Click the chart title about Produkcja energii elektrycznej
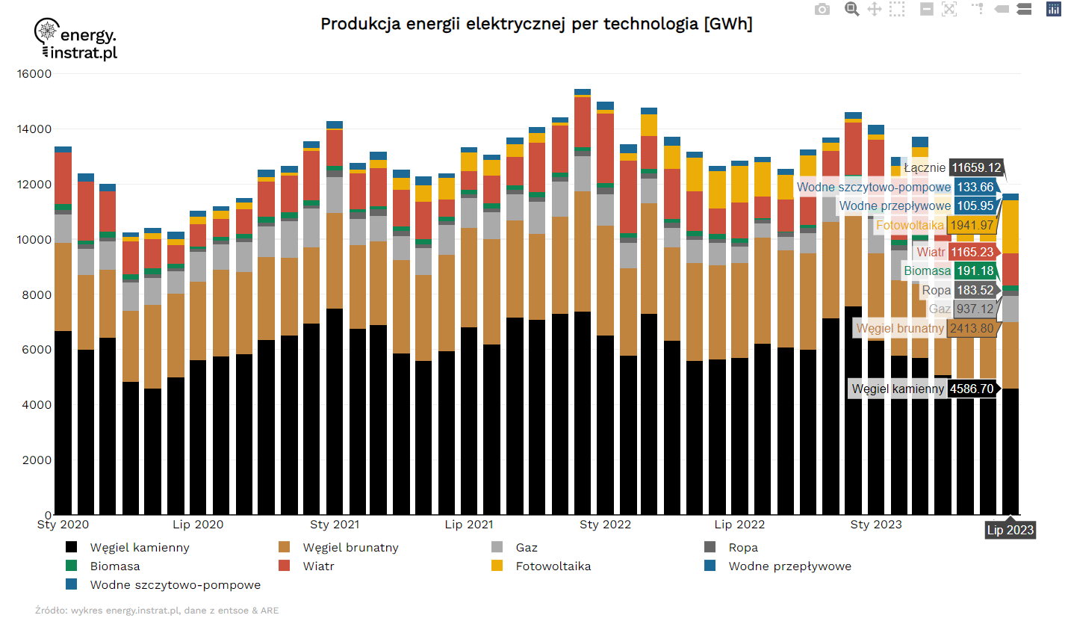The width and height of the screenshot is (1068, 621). coord(536,24)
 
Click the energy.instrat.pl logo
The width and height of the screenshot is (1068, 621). coord(76,40)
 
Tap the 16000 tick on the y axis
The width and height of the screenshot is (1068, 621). coord(34,74)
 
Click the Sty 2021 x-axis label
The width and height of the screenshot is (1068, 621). coord(334,525)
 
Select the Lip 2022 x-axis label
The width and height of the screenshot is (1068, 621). coord(739,525)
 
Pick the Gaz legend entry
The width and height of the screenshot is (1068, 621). coord(526,548)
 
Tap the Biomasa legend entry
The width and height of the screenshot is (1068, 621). coord(114,566)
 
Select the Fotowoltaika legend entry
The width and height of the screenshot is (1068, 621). coord(553,566)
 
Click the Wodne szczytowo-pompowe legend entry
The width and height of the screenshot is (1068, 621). coord(175,585)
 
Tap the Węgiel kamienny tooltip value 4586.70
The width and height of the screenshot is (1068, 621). coord(972,389)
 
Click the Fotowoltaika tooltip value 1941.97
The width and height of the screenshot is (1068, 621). coord(972,225)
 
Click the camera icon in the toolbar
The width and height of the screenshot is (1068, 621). coord(822,9)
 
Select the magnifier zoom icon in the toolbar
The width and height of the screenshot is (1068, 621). coord(851,9)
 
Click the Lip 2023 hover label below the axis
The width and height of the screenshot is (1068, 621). coord(1010,530)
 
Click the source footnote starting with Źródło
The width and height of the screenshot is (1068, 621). coord(157,611)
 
